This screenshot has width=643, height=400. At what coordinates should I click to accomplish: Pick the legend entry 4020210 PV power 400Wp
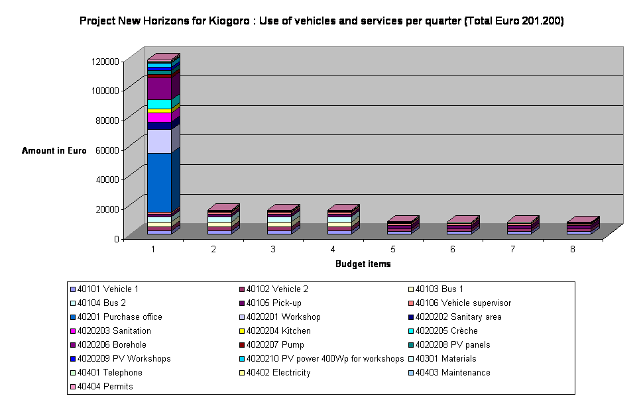click(324, 359)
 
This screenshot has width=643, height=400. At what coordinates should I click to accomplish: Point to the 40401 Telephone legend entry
click(109, 373)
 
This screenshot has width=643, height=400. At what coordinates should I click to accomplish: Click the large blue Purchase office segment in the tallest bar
click(159, 182)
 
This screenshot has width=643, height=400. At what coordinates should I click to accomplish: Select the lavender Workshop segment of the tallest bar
click(159, 141)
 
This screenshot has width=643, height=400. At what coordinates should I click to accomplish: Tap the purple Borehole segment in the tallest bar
click(159, 89)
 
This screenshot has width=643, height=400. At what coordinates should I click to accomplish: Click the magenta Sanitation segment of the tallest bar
click(159, 117)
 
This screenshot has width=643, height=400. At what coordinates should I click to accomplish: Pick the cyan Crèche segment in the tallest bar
click(159, 104)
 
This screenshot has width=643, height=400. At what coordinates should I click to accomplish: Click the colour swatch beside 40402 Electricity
click(241, 373)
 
